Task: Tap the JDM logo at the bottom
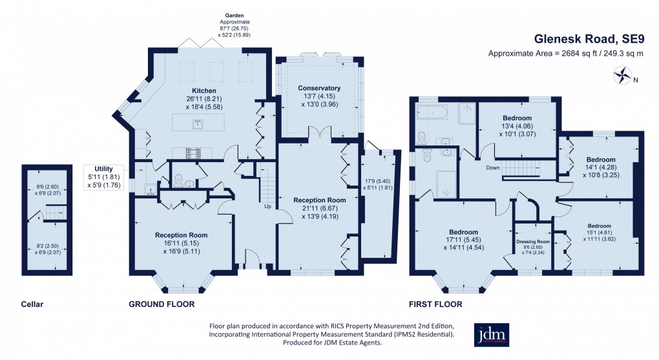(492, 335)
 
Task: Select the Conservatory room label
(319, 88)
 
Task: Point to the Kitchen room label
(204, 90)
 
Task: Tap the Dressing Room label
(533, 241)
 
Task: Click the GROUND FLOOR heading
(162, 303)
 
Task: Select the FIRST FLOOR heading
(435, 303)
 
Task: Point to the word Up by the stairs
(267, 207)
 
